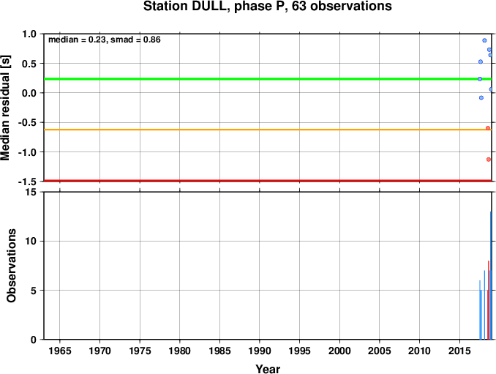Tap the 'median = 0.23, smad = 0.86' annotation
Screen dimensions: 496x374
click(105, 40)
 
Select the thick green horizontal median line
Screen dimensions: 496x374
click(268, 79)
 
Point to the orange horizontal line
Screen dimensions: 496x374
click(268, 130)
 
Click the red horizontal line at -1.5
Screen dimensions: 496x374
click(268, 181)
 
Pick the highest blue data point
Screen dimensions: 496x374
click(484, 40)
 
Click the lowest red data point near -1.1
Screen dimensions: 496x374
click(489, 160)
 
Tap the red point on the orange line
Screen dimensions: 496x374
click(488, 128)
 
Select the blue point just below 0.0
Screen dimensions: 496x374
click(481, 98)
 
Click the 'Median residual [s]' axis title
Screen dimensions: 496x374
click(5, 108)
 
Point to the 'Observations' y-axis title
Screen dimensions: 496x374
click(12, 266)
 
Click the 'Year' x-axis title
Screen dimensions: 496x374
click(268, 369)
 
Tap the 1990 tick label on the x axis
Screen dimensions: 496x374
click(260, 351)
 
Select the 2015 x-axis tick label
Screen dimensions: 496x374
click(459, 351)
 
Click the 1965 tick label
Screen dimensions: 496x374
click(60, 351)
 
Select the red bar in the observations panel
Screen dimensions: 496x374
click(489, 300)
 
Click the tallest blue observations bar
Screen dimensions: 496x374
click(491, 275)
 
